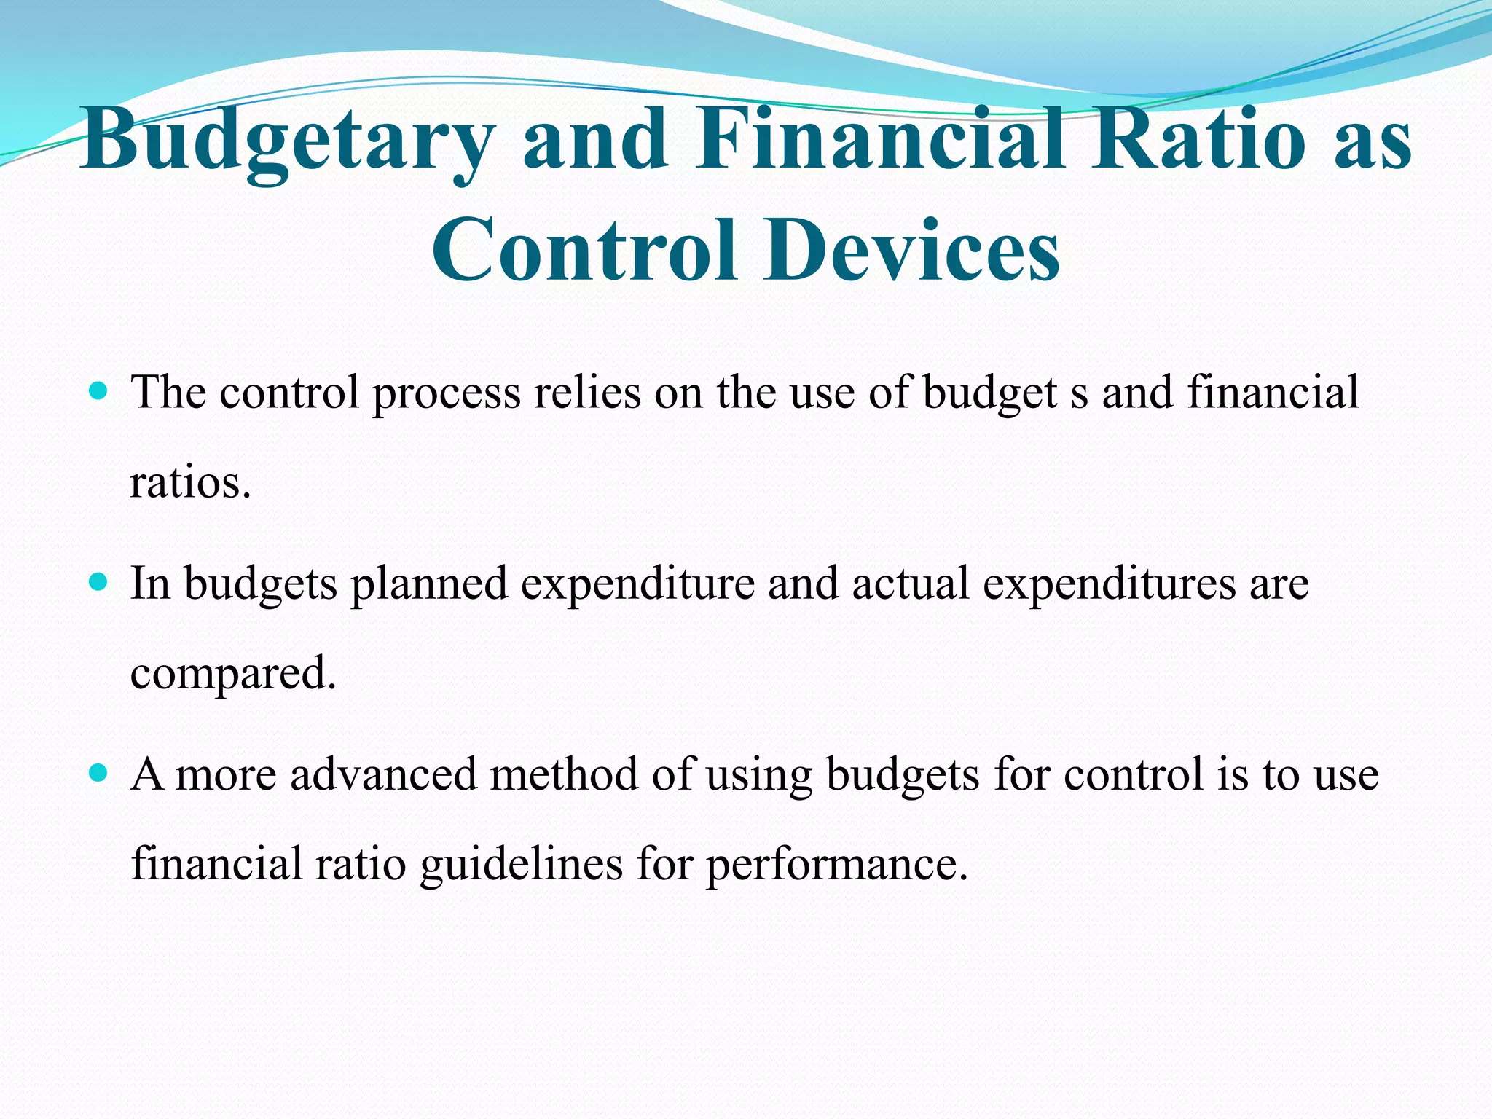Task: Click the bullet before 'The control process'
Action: tap(97, 391)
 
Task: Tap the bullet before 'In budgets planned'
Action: tap(97, 582)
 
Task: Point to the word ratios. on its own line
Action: tap(190, 482)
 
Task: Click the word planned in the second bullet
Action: tap(428, 584)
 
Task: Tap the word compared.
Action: tap(233, 675)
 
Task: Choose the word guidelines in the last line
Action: tap(521, 865)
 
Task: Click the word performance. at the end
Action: tap(836, 866)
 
